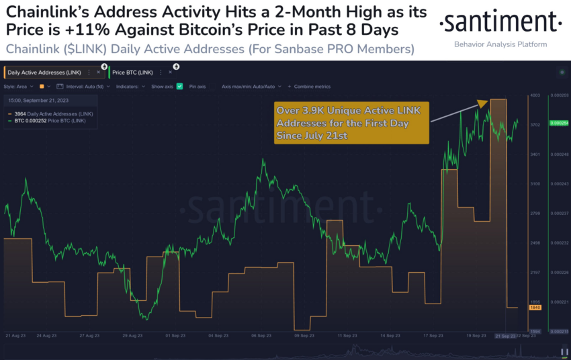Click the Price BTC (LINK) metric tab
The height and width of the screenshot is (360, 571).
click(x=132, y=72)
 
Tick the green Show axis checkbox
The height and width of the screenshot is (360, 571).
click(x=179, y=87)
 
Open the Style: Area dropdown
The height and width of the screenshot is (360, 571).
click(x=19, y=87)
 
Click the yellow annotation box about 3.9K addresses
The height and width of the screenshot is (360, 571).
click(x=351, y=122)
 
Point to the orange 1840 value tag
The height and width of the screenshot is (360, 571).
click(x=535, y=307)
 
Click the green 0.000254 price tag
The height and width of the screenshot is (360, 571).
click(x=559, y=124)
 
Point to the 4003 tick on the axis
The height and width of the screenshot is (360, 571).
click(x=535, y=95)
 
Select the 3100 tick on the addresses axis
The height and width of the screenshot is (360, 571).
click(x=535, y=183)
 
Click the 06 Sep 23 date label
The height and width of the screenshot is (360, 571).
click(x=261, y=335)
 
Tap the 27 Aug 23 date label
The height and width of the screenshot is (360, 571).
click(x=89, y=335)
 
